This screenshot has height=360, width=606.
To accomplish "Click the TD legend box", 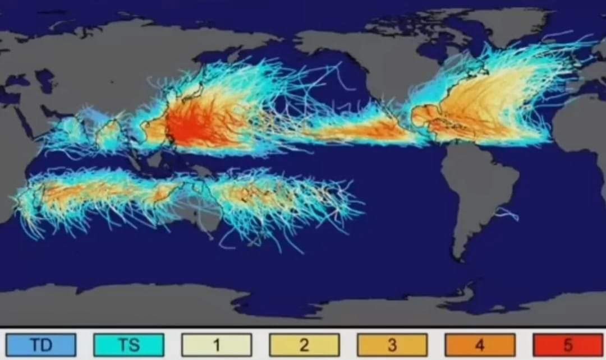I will click(40, 344).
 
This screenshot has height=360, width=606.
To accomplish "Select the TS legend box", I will click(128, 344).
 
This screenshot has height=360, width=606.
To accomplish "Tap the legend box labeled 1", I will click(216, 344).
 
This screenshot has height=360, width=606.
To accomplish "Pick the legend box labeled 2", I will click(304, 344).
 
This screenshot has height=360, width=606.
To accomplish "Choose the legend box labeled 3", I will click(392, 344).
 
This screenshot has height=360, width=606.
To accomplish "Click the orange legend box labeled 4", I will click(480, 344).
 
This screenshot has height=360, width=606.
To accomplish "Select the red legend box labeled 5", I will click(567, 344).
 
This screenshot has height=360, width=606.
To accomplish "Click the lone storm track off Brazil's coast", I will click(508, 213).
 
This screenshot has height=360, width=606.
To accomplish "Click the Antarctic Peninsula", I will click(469, 292).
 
